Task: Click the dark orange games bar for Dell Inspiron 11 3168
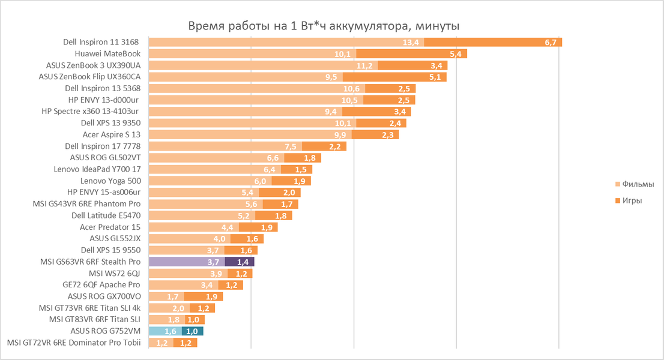[493, 42]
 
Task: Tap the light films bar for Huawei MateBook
[252, 53]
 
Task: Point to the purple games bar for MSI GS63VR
[240, 262]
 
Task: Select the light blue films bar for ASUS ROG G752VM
[165, 331]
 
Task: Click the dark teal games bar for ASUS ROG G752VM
[192, 331]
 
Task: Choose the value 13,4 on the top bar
[411, 42]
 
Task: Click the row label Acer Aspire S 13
[111, 134]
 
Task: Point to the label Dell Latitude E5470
[106, 215]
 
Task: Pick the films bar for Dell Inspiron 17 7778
[225, 146]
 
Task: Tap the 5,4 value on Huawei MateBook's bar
[454, 53]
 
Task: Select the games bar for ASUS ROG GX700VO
[204, 296]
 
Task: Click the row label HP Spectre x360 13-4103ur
[91, 112]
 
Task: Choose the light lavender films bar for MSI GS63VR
[187, 262]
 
